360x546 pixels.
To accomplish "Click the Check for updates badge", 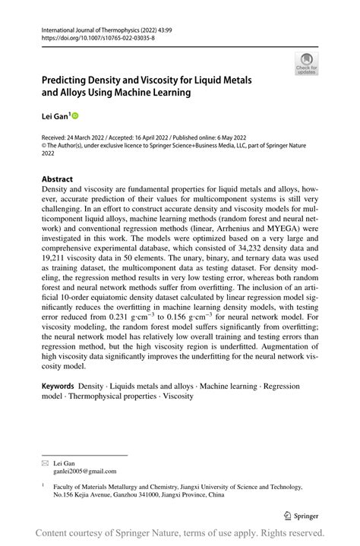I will tap(307, 64).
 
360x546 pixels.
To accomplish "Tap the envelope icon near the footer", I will tap(44, 461).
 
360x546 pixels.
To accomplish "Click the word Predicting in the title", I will tap(67, 80).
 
